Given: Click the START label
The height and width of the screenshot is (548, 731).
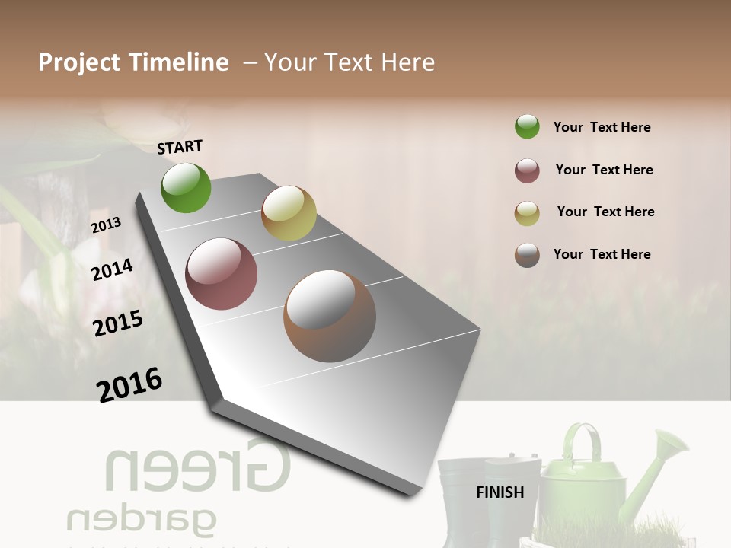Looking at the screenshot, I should (180, 146).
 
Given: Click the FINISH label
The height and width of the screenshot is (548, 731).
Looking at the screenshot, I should (500, 492).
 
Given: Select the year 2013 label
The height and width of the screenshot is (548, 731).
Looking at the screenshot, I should (106, 225).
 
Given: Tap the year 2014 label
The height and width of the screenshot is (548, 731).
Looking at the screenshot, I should (113, 269).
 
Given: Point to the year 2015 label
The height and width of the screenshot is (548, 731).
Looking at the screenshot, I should (118, 323).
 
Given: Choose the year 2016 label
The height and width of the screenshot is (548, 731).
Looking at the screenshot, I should (129, 385).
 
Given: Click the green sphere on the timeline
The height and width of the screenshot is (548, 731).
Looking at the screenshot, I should (186, 187).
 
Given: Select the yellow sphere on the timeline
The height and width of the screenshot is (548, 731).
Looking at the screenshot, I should (289, 213).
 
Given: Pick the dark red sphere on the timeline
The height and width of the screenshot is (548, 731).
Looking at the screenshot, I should (222, 274).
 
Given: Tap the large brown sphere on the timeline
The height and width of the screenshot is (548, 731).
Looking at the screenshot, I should (330, 316).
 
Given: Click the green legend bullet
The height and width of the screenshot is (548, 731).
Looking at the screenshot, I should (527, 127).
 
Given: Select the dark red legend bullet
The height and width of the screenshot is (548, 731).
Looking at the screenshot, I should (527, 170).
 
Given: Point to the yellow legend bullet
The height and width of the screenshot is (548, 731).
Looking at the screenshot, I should (527, 213).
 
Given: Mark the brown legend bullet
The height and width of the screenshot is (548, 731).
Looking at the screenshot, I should (527, 255).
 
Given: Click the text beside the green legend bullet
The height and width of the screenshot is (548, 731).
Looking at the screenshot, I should (602, 127).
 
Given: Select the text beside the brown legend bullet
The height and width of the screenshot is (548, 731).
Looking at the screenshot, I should (602, 254).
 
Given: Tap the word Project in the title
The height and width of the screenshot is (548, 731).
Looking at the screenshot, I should (80, 63).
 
